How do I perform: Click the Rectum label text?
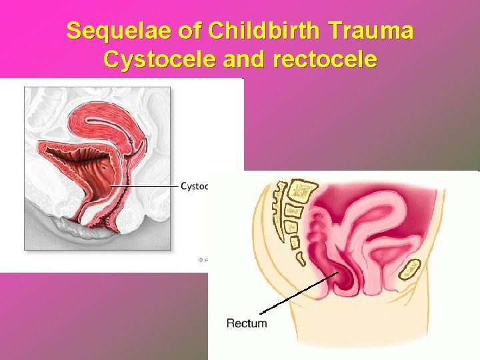pos(247,323)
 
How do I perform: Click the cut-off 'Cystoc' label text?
pos(195,186)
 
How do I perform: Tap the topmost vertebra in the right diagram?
pos(303,191)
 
